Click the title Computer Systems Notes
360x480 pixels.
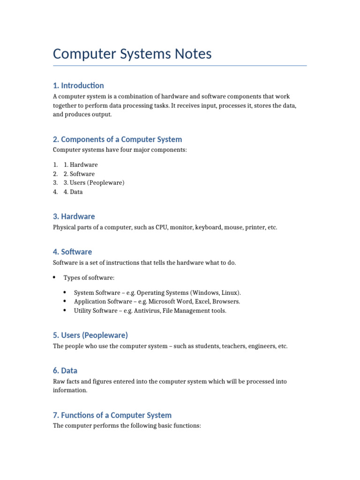132,54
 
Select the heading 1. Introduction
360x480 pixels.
78,85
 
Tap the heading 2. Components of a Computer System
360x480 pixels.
117,139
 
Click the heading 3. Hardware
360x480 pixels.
74,217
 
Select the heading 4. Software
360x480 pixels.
72,252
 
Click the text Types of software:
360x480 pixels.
89,278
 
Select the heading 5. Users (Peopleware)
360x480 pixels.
90,335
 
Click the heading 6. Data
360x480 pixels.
65,370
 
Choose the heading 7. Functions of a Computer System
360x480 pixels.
112,415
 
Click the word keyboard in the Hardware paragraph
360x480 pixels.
210,227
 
